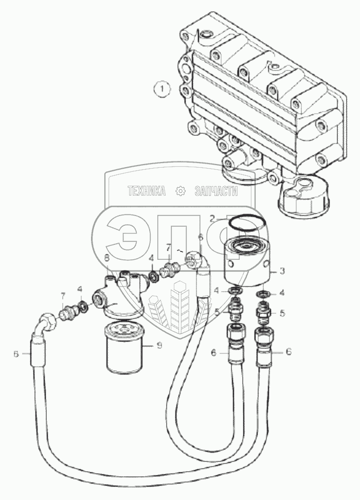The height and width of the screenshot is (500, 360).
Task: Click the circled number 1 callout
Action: pyautogui.click(x=162, y=90)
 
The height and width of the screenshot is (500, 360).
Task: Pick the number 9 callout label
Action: pyautogui.click(x=159, y=346)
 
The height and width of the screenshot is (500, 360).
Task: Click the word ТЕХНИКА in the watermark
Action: pyautogui.click(x=147, y=191)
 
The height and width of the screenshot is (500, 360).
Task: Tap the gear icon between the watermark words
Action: pyautogui.click(x=181, y=191)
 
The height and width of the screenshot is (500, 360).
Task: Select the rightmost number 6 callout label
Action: pyautogui.click(x=289, y=352)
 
